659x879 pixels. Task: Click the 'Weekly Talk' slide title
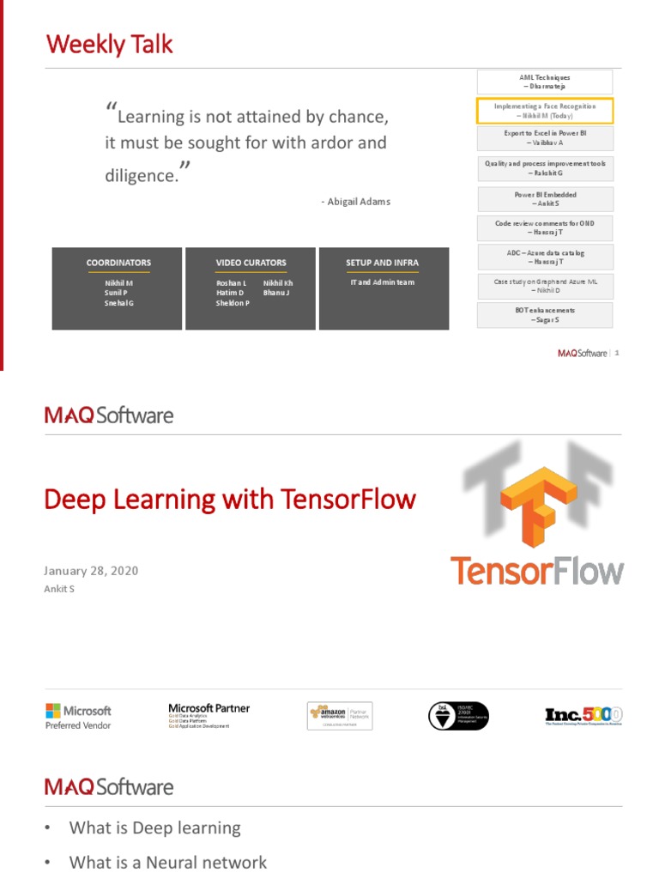coord(109,45)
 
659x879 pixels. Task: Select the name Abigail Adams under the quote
coord(355,202)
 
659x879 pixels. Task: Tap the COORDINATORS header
coord(118,263)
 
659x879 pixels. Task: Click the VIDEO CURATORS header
coord(251,263)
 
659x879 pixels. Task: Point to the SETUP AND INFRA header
coord(383,263)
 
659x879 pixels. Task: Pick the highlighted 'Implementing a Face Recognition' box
coord(545,111)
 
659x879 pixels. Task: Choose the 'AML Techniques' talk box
coord(545,82)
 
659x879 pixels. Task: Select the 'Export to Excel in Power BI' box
coord(545,139)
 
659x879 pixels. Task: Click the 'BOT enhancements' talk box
coord(545,315)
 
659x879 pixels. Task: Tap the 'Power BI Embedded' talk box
coord(545,199)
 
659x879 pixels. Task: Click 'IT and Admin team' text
coord(383,282)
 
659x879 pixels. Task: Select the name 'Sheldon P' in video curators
coord(233,303)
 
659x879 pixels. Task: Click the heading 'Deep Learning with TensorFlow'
coord(230,500)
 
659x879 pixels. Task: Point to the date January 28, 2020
coord(91,571)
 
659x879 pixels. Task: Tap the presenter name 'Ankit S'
coord(59,589)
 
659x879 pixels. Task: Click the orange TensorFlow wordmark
coord(538,571)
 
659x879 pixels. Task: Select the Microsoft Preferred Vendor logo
coord(78,716)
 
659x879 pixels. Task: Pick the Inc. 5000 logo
coord(583,716)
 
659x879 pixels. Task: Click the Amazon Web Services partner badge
coord(340,716)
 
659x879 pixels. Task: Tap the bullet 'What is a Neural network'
coord(168,863)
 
